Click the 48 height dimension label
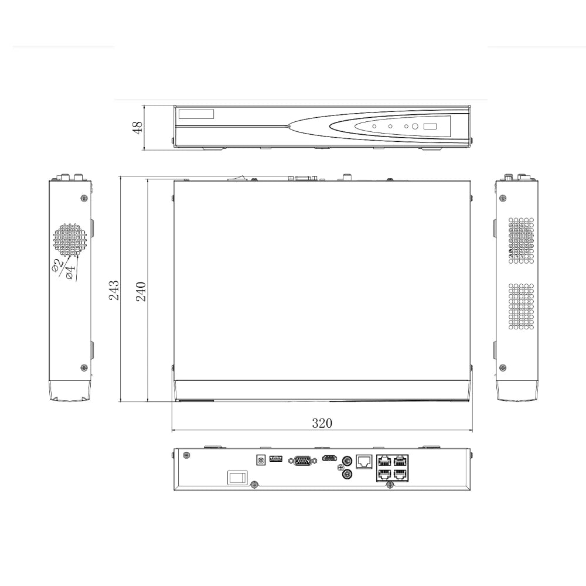coord(138,127)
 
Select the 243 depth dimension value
coord(115,290)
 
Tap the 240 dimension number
coord(141,290)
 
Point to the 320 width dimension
coord(322,423)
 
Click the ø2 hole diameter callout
coord(57,266)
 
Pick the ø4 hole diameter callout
coord(70,272)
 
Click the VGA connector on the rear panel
coord(302,461)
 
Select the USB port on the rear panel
coord(276,459)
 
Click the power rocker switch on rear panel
coord(237,478)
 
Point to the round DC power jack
coord(260,461)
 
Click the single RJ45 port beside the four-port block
coord(364,461)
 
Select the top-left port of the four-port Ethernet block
coord(384,461)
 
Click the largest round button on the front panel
coord(415,127)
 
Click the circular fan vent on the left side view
coord(70,240)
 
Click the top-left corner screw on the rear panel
coord(186,456)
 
